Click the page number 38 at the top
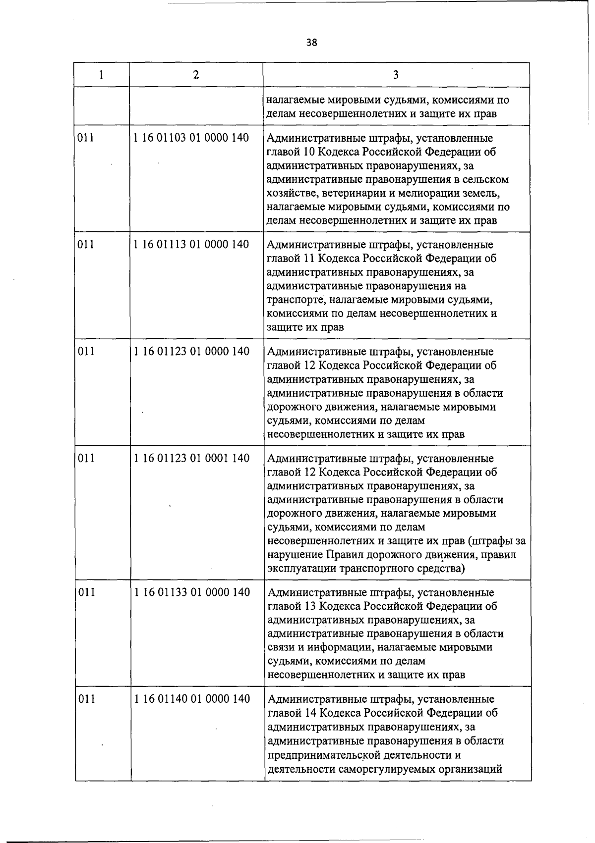tap(311, 43)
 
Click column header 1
tap(101, 75)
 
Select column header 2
tap(196, 75)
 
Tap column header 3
tap(395, 75)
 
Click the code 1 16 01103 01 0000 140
tap(191, 138)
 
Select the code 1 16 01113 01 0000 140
tap(191, 245)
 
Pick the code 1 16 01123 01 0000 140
tap(191, 352)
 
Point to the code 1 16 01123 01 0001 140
tap(191, 459)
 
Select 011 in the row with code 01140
tap(86, 699)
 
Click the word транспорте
tap(296, 300)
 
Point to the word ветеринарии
tap(353, 193)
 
